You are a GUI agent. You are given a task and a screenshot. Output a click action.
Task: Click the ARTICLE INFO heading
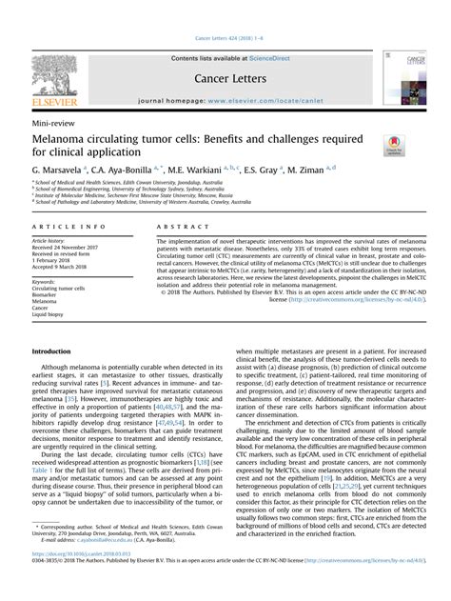(x=69, y=228)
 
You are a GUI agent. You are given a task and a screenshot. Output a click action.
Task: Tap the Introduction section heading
(x=57, y=351)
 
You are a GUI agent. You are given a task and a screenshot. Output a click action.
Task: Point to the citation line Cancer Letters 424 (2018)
(x=225, y=38)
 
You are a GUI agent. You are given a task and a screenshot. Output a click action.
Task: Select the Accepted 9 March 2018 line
(x=65, y=267)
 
